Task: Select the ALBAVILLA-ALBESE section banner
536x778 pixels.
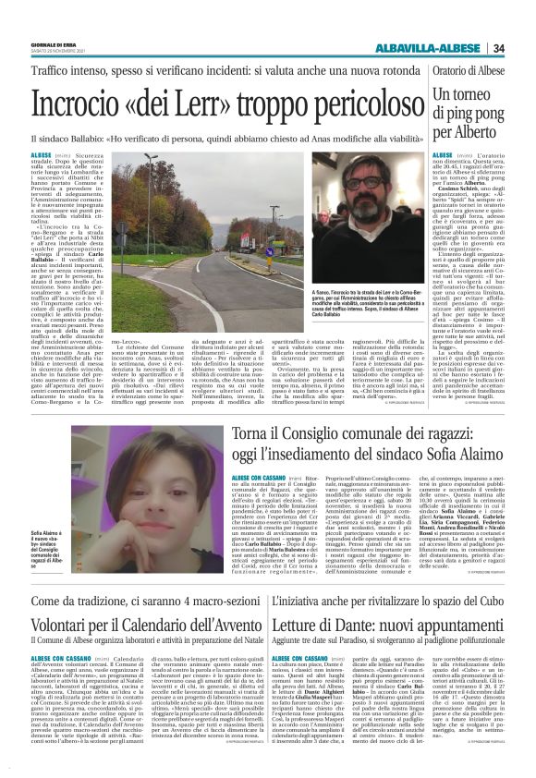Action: (432, 48)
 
